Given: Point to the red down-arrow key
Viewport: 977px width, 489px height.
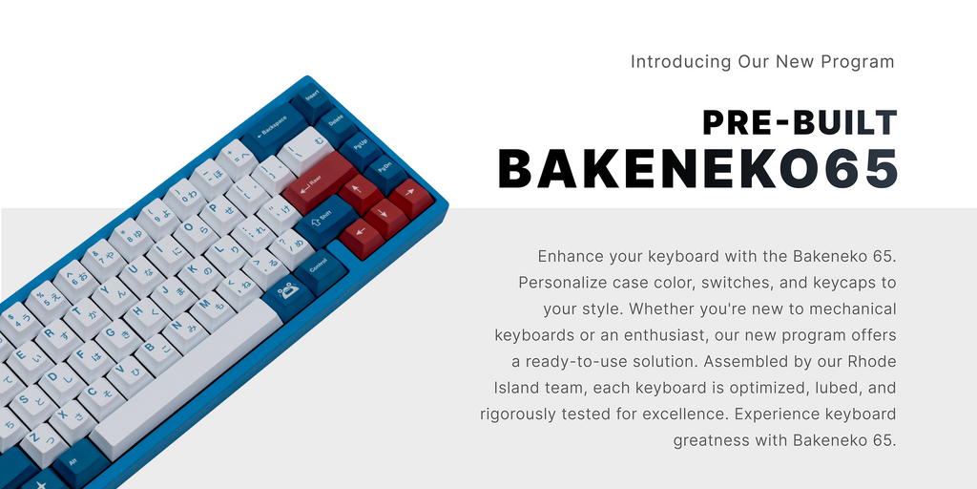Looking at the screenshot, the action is pyautogui.click(x=385, y=216).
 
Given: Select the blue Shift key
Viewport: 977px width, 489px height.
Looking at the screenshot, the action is pyautogui.click(x=324, y=220).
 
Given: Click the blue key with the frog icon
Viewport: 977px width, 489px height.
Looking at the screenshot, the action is pyautogui.click(x=288, y=292).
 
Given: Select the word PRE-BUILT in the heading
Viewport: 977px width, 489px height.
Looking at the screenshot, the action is pyautogui.click(x=800, y=123).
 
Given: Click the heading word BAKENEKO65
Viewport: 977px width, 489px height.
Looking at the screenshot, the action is pyautogui.click(x=697, y=168).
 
